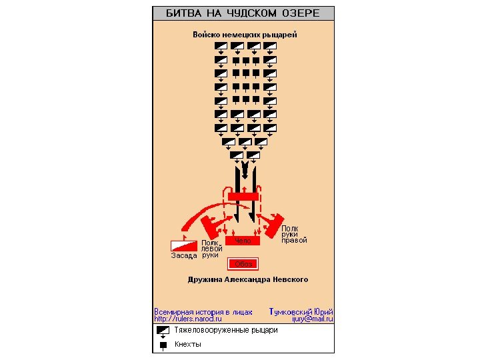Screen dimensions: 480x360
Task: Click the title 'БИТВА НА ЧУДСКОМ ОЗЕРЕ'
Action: click(x=243, y=13)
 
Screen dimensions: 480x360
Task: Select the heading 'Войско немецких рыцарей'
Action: click(x=245, y=35)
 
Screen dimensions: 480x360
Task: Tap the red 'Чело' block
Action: click(x=243, y=240)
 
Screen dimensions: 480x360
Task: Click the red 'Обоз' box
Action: click(x=243, y=263)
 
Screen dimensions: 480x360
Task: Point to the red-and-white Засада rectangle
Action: click(x=185, y=245)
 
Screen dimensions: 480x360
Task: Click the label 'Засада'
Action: click(x=183, y=255)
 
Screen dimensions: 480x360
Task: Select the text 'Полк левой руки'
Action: click(x=211, y=249)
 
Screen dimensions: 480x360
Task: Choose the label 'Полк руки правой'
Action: click(x=293, y=235)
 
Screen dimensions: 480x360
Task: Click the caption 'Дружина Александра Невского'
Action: click(x=247, y=279)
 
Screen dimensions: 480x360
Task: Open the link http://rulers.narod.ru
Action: click(x=188, y=319)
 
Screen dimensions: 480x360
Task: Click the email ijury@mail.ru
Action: click(x=312, y=319)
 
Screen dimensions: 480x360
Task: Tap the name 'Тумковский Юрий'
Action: click(x=301, y=311)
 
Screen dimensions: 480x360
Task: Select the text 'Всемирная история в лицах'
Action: click(x=203, y=311)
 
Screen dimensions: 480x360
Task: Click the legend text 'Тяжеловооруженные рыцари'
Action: click(x=226, y=330)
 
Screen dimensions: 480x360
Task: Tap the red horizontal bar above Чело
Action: click(x=243, y=196)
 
